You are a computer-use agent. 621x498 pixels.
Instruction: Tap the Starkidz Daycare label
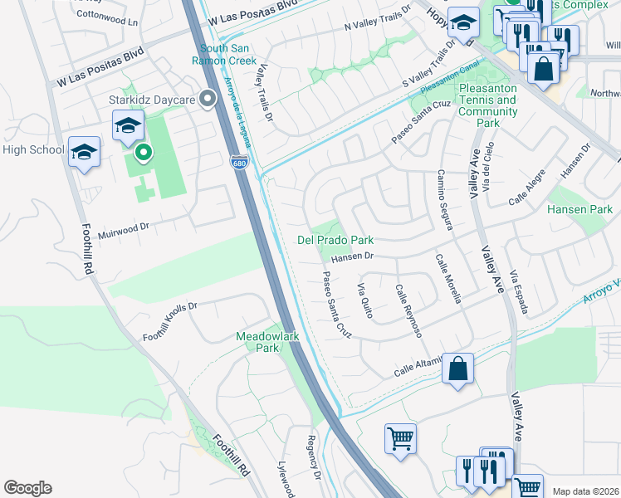point(163,100)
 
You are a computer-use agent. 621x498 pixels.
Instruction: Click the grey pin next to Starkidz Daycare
point(208,100)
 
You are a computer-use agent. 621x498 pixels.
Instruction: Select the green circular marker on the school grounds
point(144,153)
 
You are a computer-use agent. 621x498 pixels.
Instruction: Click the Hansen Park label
point(579,210)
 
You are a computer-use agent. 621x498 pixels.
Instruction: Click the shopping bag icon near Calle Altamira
point(457,369)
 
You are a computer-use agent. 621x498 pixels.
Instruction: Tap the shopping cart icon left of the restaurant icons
point(401,437)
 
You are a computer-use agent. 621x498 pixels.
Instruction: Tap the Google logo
point(27,488)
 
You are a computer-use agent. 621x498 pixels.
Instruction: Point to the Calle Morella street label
point(448,278)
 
